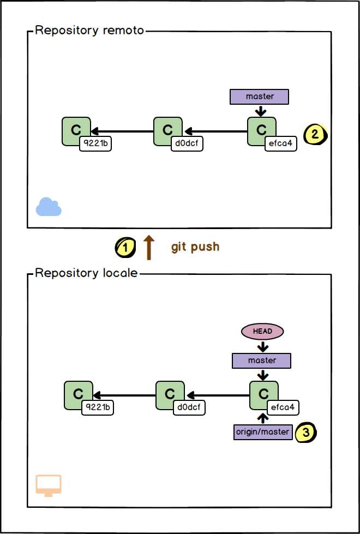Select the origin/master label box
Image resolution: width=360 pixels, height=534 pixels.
click(x=262, y=431)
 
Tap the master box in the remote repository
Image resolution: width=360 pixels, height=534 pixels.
click(x=259, y=97)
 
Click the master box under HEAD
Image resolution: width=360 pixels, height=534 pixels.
click(x=261, y=361)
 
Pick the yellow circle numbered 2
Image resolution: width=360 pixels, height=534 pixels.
click(x=315, y=134)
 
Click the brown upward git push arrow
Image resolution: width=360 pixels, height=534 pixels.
click(x=149, y=247)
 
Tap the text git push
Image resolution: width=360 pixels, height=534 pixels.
click(x=195, y=247)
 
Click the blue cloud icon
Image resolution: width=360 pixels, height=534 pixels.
click(x=49, y=207)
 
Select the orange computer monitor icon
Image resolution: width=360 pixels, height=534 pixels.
click(x=49, y=485)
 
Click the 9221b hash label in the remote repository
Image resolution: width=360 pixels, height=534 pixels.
click(x=95, y=144)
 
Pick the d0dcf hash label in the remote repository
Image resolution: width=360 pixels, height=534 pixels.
click(x=187, y=144)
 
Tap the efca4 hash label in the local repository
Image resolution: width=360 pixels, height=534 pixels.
click(x=283, y=407)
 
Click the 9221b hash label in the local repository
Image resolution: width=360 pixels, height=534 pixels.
click(x=98, y=407)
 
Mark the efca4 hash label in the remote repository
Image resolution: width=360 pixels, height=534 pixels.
click(x=281, y=144)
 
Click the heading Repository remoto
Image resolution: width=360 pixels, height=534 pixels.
click(x=89, y=30)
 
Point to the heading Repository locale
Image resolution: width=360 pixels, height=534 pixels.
click(x=86, y=273)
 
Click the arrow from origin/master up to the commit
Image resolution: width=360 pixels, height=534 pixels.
click(x=263, y=418)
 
